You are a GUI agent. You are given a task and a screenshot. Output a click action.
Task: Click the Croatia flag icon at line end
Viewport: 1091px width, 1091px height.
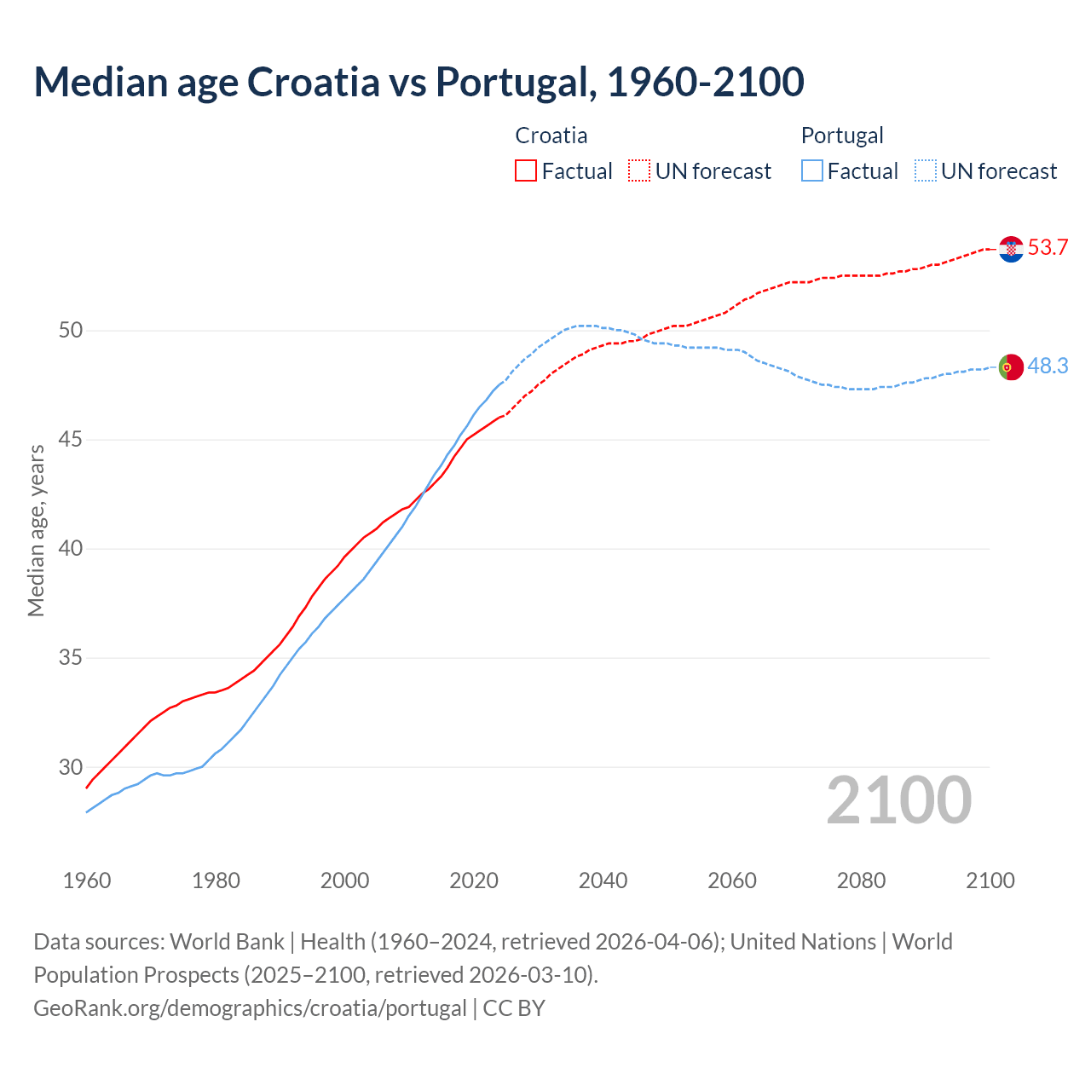pos(1011,249)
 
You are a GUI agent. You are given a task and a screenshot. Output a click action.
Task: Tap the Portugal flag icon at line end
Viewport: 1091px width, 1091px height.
pos(1011,367)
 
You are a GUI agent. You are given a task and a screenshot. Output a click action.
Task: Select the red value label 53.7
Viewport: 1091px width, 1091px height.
pos(1048,248)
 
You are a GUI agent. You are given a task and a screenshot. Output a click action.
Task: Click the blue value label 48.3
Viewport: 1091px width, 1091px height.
pos(1048,366)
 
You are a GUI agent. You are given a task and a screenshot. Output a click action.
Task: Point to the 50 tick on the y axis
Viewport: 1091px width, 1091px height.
pos(71,331)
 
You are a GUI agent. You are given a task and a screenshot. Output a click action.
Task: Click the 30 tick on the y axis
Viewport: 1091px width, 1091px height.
pos(71,767)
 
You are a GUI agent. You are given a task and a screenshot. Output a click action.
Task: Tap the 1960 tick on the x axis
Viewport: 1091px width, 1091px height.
pos(87,880)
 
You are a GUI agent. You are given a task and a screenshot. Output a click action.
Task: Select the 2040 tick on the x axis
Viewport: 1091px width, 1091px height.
pos(603,880)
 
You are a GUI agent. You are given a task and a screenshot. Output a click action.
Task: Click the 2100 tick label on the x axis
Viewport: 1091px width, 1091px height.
pos(990,880)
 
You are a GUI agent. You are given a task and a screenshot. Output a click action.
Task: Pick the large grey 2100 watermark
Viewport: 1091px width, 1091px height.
pos(898,799)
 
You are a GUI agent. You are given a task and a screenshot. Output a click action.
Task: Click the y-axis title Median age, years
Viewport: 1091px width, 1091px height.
pos(36,530)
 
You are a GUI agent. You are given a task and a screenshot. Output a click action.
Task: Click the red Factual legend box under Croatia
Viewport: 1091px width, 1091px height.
pos(526,171)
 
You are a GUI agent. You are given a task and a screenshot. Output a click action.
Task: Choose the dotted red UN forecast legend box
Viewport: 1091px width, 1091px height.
pos(639,171)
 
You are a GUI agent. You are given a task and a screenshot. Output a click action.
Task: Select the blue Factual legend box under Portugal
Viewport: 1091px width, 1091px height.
pos(812,171)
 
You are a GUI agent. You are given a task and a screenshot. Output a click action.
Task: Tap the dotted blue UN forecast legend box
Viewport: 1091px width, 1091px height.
pos(925,171)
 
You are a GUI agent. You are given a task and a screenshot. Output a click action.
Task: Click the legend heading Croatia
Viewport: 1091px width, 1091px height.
pos(551,136)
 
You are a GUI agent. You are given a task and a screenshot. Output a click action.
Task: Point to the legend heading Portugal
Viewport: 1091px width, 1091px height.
pos(842,136)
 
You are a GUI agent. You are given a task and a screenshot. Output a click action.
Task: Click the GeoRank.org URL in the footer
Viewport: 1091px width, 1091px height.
pos(250,1008)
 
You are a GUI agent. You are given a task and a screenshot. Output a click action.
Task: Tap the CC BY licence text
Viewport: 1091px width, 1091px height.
pos(514,1008)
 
